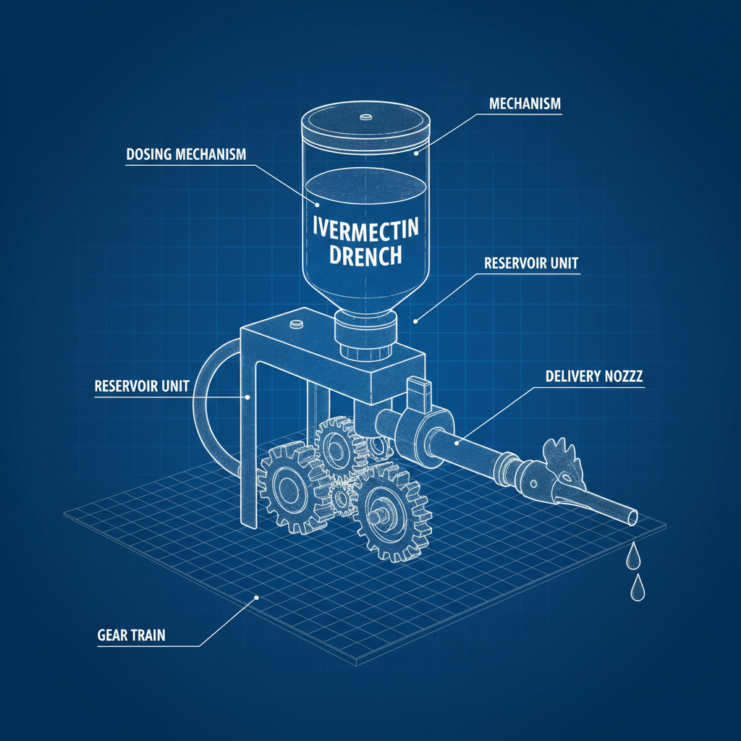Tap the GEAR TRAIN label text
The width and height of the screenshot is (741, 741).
[x=132, y=635]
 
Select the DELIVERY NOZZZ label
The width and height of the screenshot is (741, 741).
[x=594, y=376]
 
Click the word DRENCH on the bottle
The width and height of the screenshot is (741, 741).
[x=365, y=255]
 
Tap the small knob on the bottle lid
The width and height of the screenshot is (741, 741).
[x=365, y=117]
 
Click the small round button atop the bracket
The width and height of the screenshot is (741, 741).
[x=296, y=323]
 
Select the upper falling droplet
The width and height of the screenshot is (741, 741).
[x=632, y=556]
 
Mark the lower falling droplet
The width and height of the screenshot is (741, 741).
[x=638, y=588]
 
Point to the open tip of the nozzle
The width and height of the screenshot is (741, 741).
[x=631, y=517]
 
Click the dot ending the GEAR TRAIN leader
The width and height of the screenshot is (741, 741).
[x=257, y=598]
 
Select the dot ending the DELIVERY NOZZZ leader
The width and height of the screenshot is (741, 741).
[x=457, y=443]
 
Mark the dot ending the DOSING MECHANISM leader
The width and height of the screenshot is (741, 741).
[x=318, y=205]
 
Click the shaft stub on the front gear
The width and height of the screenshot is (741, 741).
[x=378, y=517]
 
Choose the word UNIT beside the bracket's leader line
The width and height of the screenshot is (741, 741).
[x=175, y=386]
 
